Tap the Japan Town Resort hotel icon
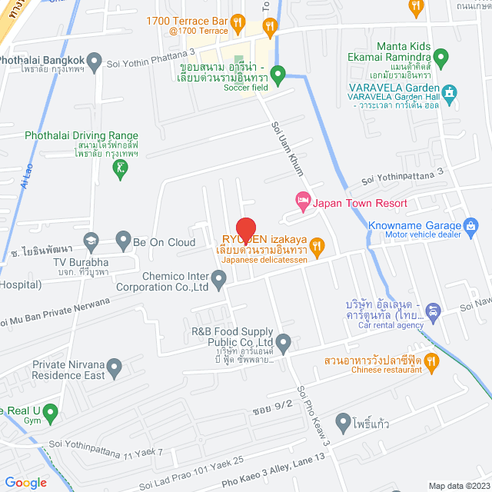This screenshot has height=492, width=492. pos(303,201)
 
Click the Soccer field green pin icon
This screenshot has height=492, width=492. pos(278,75)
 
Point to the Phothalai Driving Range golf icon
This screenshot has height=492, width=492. pos(119,169)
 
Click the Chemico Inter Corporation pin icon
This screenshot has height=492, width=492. pos(220,280)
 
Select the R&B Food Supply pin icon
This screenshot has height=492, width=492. pos(284,341)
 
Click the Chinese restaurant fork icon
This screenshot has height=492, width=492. pos(430,360)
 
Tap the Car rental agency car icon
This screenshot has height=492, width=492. pos(434,312)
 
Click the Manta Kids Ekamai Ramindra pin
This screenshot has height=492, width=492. pos(440,57)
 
